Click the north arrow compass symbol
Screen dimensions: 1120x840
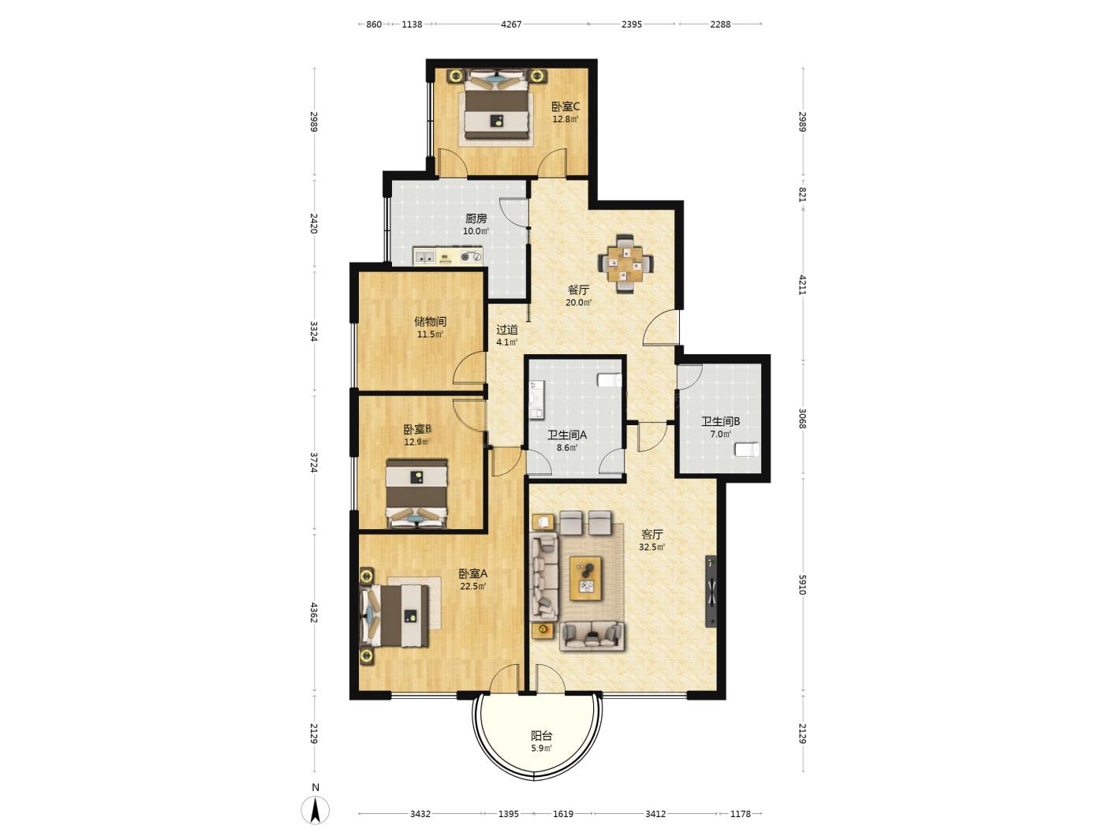(315, 809)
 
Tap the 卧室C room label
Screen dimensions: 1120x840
(566, 106)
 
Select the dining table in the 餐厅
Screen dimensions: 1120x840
(625, 263)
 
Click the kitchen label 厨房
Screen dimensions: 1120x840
(476, 218)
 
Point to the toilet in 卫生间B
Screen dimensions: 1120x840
(746, 450)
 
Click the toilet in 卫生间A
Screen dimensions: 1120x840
(609, 380)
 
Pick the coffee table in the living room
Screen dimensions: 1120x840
(585, 578)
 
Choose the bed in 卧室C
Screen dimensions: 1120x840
(495, 105)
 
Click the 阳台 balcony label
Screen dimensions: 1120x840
(541, 735)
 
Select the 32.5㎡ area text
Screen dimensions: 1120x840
(651, 547)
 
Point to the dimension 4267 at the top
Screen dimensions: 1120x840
(511, 24)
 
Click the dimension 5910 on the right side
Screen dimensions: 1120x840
(802, 584)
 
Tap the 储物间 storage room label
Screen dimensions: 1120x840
(430, 321)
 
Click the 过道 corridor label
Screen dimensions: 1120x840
(506, 330)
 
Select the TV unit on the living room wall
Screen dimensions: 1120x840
(711, 591)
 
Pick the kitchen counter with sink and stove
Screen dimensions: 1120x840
(447, 256)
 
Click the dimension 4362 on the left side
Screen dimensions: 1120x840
(314, 613)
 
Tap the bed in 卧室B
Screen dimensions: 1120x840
(416, 494)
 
